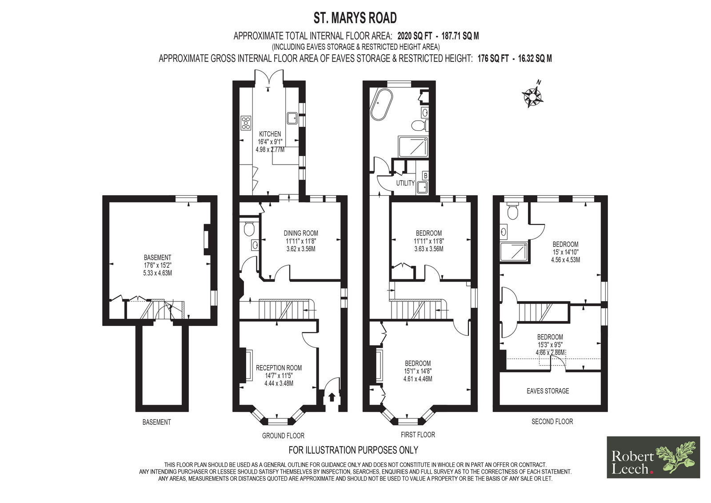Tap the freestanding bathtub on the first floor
[x=378, y=104]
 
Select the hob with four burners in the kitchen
[x=246, y=123]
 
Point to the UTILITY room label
[x=405, y=183]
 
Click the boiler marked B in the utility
[x=425, y=176]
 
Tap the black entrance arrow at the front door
[x=332, y=397]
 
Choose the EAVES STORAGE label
[x=547, y=391]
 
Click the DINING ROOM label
[x=300, y=233]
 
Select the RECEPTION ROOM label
[x=279, y=368]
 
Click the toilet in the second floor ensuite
[x=512, y=211]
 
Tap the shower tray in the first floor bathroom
[x=413, y=146]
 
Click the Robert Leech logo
[x=653, y=457]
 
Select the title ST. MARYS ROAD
[x=355, y=18]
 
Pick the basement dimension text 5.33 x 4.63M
[x=157, y=273]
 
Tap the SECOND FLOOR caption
[x=552, y=422]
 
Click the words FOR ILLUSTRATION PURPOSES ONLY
[x=353, y=450]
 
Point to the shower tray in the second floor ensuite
[x=514, y=252]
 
